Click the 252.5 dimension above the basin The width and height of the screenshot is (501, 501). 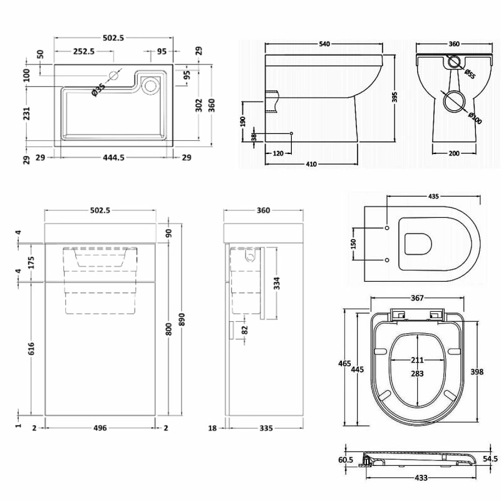(83, 52)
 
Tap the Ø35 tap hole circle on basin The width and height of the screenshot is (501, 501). (114, 76)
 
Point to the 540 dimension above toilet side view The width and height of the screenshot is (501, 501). (324, 44)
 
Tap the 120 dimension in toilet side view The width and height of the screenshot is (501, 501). (279, 152)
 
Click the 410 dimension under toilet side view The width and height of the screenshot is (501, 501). (311, 164)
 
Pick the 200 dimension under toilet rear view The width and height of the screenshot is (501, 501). (455, 153)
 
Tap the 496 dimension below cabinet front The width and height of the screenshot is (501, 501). (100, 428)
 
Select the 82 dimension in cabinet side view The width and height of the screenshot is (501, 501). (245, 329)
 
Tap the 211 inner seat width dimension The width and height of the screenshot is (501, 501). (417, 360)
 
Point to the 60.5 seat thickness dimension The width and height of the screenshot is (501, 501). (346, 460)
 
